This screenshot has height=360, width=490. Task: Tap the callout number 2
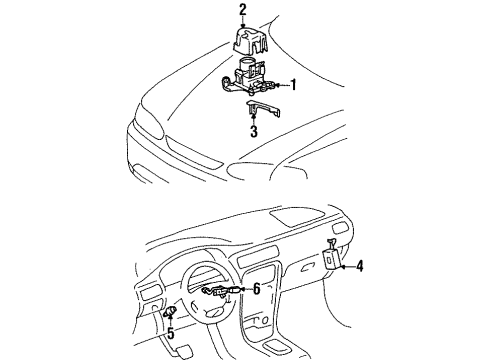tap(242, 11)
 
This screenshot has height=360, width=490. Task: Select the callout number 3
tap(254, 130)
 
